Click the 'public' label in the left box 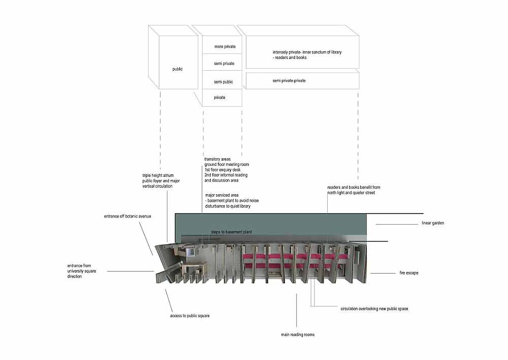(x=177, y=69)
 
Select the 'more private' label (x=225, y=47)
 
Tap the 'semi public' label (x=223, y=82)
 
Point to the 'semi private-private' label (x=289, y=81)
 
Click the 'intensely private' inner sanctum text (x=307, y=55)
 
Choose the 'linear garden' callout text (x=433, y=223)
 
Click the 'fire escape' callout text (x=409, y=273)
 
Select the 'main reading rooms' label (x=298, y=335)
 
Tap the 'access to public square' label (x=190, y=316)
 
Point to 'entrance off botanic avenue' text (x=128, y=216)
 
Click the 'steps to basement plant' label (x=231, y=232)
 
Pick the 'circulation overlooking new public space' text (x=374, y=309)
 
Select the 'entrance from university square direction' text (x=82, y=271)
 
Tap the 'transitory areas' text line (x=217, y=159)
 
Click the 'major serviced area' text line (x=222, y=195)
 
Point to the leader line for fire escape (x=383, y=274)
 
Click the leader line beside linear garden (x=397, y=224)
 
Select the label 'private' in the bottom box (x=219, y=98)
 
